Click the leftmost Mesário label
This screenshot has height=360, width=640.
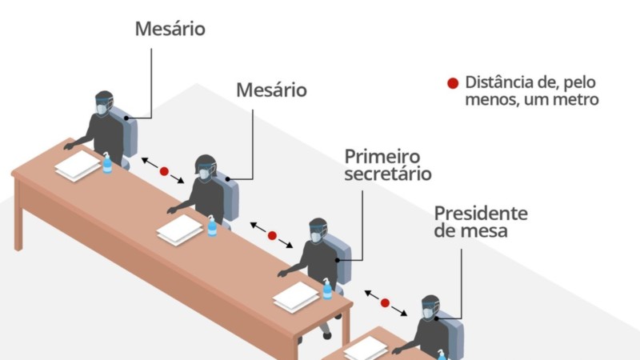(170, 29)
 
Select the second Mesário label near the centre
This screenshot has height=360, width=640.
(271, 90)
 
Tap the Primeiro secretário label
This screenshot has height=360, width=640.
(388, 165)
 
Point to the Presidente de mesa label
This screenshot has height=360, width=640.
(481, 222)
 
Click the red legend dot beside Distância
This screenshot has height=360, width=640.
(453, 83)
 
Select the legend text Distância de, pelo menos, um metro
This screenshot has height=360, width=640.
(532, 90)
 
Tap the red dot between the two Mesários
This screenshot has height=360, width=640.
(164, 171)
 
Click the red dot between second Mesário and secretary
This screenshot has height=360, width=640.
(272, 235)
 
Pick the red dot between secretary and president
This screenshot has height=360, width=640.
(385, 303)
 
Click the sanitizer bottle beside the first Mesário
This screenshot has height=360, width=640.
(107, 163)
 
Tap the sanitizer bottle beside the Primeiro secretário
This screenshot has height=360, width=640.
(327, 289)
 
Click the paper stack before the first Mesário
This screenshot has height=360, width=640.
(78, 166)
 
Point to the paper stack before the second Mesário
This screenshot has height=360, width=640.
(179, 230)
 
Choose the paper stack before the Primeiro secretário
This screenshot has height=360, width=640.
(296, 297)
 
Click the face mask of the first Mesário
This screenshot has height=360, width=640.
(102, 109)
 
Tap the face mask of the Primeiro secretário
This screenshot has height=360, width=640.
(316, 237)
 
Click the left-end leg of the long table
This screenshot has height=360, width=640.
(18, 216)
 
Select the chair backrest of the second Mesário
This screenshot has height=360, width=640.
(229, 197)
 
